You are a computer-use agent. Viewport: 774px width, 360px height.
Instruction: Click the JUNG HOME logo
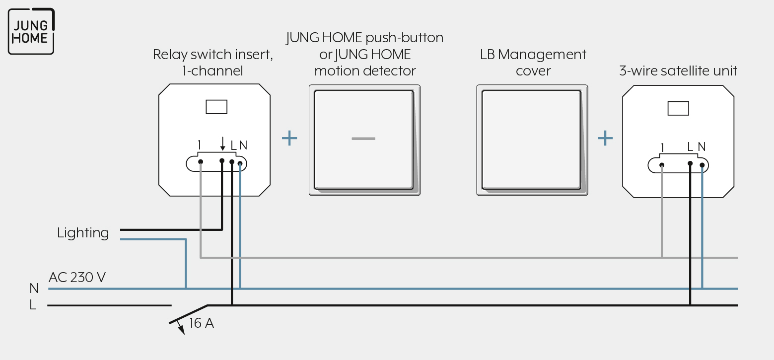pos(31,31)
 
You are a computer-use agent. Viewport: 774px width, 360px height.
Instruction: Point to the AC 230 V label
pos(77,277)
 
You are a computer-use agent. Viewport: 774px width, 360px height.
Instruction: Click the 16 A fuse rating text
pos(202,323)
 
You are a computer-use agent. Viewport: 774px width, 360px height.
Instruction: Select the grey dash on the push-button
pos(363,139)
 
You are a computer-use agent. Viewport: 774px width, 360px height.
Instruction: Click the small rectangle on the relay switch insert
pos(216,107)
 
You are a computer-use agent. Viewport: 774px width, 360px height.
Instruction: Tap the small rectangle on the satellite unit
pos(678,108)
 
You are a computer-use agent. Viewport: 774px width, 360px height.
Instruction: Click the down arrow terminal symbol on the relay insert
pos(222,144)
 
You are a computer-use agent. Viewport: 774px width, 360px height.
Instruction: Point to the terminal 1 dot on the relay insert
pos(201,161)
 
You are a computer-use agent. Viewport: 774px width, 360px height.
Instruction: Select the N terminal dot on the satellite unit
pos(702,165)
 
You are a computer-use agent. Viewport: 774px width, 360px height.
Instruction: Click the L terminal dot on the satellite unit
pos(690,163)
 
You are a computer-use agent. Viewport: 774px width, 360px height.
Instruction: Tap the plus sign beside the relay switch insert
pos(289,138)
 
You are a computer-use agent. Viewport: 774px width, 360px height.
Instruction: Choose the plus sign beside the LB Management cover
pos(605,138)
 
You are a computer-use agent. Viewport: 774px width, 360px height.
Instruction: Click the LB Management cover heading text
pos(533,62)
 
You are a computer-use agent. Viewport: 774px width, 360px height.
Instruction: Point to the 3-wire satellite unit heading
pos(678,71)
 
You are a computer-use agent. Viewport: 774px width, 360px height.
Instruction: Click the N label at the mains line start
pos(34,288)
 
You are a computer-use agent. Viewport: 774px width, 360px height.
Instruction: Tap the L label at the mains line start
pos(33,305)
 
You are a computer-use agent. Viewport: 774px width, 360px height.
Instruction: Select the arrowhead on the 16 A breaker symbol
pos(181,329)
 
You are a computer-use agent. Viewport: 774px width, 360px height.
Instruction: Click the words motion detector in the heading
pos(365,71)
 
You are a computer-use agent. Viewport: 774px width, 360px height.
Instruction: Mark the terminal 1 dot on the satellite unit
pos(662,165)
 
